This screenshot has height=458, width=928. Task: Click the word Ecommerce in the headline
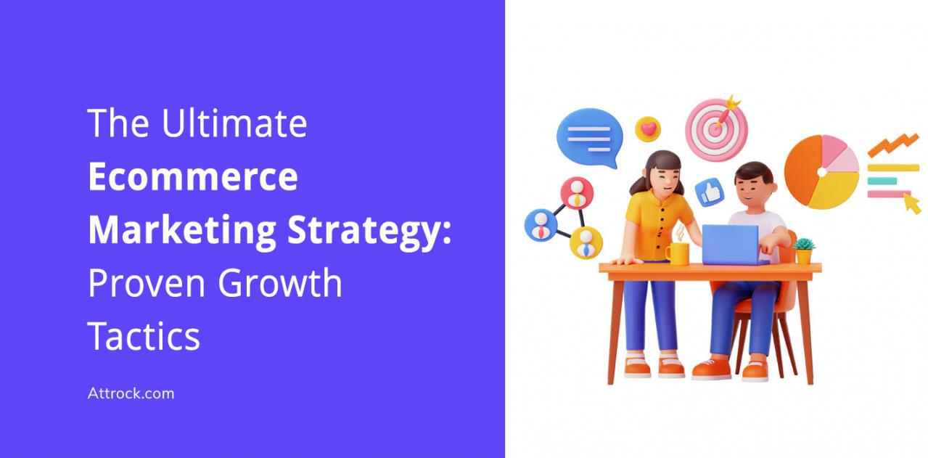193,176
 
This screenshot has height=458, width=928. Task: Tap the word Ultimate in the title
234,123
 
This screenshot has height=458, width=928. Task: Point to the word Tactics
144,336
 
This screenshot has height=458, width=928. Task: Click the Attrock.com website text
131,393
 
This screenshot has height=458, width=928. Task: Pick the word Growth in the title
280,282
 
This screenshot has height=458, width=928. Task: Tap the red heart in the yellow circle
649,129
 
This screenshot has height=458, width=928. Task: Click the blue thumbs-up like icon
710,192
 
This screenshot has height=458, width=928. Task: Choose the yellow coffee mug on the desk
677,253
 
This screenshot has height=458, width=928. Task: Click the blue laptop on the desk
731,245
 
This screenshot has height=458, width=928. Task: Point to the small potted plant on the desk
804,251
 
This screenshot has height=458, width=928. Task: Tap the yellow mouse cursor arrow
912,203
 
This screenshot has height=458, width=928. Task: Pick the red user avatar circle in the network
577,193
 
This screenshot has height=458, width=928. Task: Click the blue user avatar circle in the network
541,226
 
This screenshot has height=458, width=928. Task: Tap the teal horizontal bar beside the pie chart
882,181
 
